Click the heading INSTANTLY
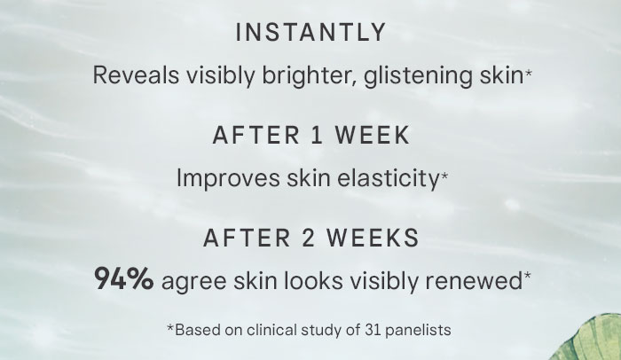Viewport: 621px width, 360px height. [x=310, y=33]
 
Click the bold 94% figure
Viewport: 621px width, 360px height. [x=124, y=281]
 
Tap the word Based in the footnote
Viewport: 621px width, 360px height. [x=194, y=330]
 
